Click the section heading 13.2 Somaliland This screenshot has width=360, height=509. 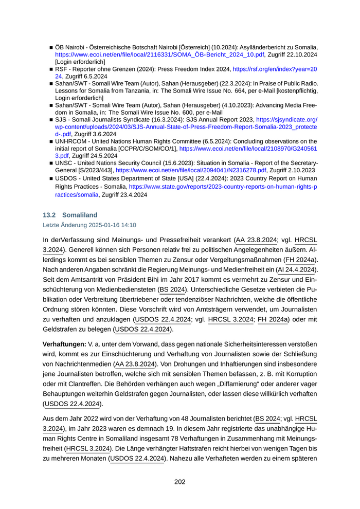coord(70,214)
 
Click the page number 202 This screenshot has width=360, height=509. coord(179,482)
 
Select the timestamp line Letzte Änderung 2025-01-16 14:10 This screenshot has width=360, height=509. coord(89,225)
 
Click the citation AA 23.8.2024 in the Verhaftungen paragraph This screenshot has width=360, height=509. coord(135,363)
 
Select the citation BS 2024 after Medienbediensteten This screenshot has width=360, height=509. coord(172,289)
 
